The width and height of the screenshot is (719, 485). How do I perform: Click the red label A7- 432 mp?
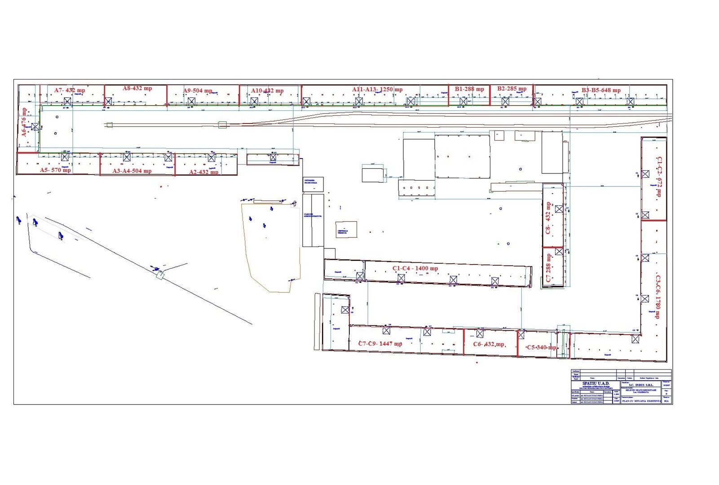click(70, 90)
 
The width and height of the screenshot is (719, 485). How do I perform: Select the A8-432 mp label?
click(137, 88)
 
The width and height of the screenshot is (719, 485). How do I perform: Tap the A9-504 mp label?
click(198, 91)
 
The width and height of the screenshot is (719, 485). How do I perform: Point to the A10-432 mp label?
click(267, 91)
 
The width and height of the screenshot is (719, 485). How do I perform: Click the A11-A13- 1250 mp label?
click(377, 89)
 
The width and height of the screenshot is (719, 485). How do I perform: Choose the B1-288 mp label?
click(469, 89)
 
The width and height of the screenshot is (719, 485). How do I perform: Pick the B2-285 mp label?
click(512, 88)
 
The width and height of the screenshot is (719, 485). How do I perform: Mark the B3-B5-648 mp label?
click(601, 90)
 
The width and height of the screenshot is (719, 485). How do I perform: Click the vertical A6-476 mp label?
click(24, 122)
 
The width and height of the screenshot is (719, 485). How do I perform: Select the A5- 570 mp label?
click(55, 170)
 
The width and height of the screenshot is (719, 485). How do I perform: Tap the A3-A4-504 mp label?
click(132, 171)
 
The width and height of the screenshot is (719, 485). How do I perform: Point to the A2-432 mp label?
click(204, 172)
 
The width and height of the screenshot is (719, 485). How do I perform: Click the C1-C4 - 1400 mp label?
click(415, 268)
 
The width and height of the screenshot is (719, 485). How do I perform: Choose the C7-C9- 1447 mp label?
click(380, 344)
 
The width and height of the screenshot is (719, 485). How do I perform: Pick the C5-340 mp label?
click(541, 347)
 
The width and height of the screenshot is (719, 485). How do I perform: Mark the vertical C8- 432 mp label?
click(548, 218)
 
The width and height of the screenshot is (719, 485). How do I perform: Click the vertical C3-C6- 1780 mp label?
click(658, 297)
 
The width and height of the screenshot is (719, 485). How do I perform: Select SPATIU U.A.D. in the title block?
click(595, 384)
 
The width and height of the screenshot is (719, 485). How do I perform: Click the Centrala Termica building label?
click(343, 232)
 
